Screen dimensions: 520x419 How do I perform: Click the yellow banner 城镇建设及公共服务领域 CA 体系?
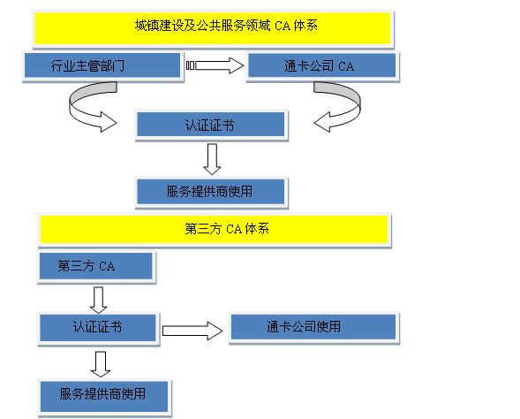213,28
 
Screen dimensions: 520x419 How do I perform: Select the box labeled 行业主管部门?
102,65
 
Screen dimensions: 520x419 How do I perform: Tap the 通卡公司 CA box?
321,65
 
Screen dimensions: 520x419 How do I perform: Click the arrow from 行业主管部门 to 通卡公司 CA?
215,65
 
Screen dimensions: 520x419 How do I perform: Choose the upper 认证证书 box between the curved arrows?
211,125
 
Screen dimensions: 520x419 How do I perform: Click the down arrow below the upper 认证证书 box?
212,159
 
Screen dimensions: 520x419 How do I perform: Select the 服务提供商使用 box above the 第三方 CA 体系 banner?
211,192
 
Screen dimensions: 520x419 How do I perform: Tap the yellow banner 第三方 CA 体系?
214,230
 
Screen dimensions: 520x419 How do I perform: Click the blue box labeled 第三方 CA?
96,266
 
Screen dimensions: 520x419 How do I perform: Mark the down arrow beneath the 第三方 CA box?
99,301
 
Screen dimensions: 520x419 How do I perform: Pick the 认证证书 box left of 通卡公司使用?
97,328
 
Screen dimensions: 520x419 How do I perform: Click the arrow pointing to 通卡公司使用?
192,331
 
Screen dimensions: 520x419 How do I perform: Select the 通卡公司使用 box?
313,327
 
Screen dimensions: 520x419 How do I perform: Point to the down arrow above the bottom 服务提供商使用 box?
101,364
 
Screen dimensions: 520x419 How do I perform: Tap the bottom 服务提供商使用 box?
104,396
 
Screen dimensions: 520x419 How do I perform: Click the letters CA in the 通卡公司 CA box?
346,66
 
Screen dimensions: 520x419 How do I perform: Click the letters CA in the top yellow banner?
283,26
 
